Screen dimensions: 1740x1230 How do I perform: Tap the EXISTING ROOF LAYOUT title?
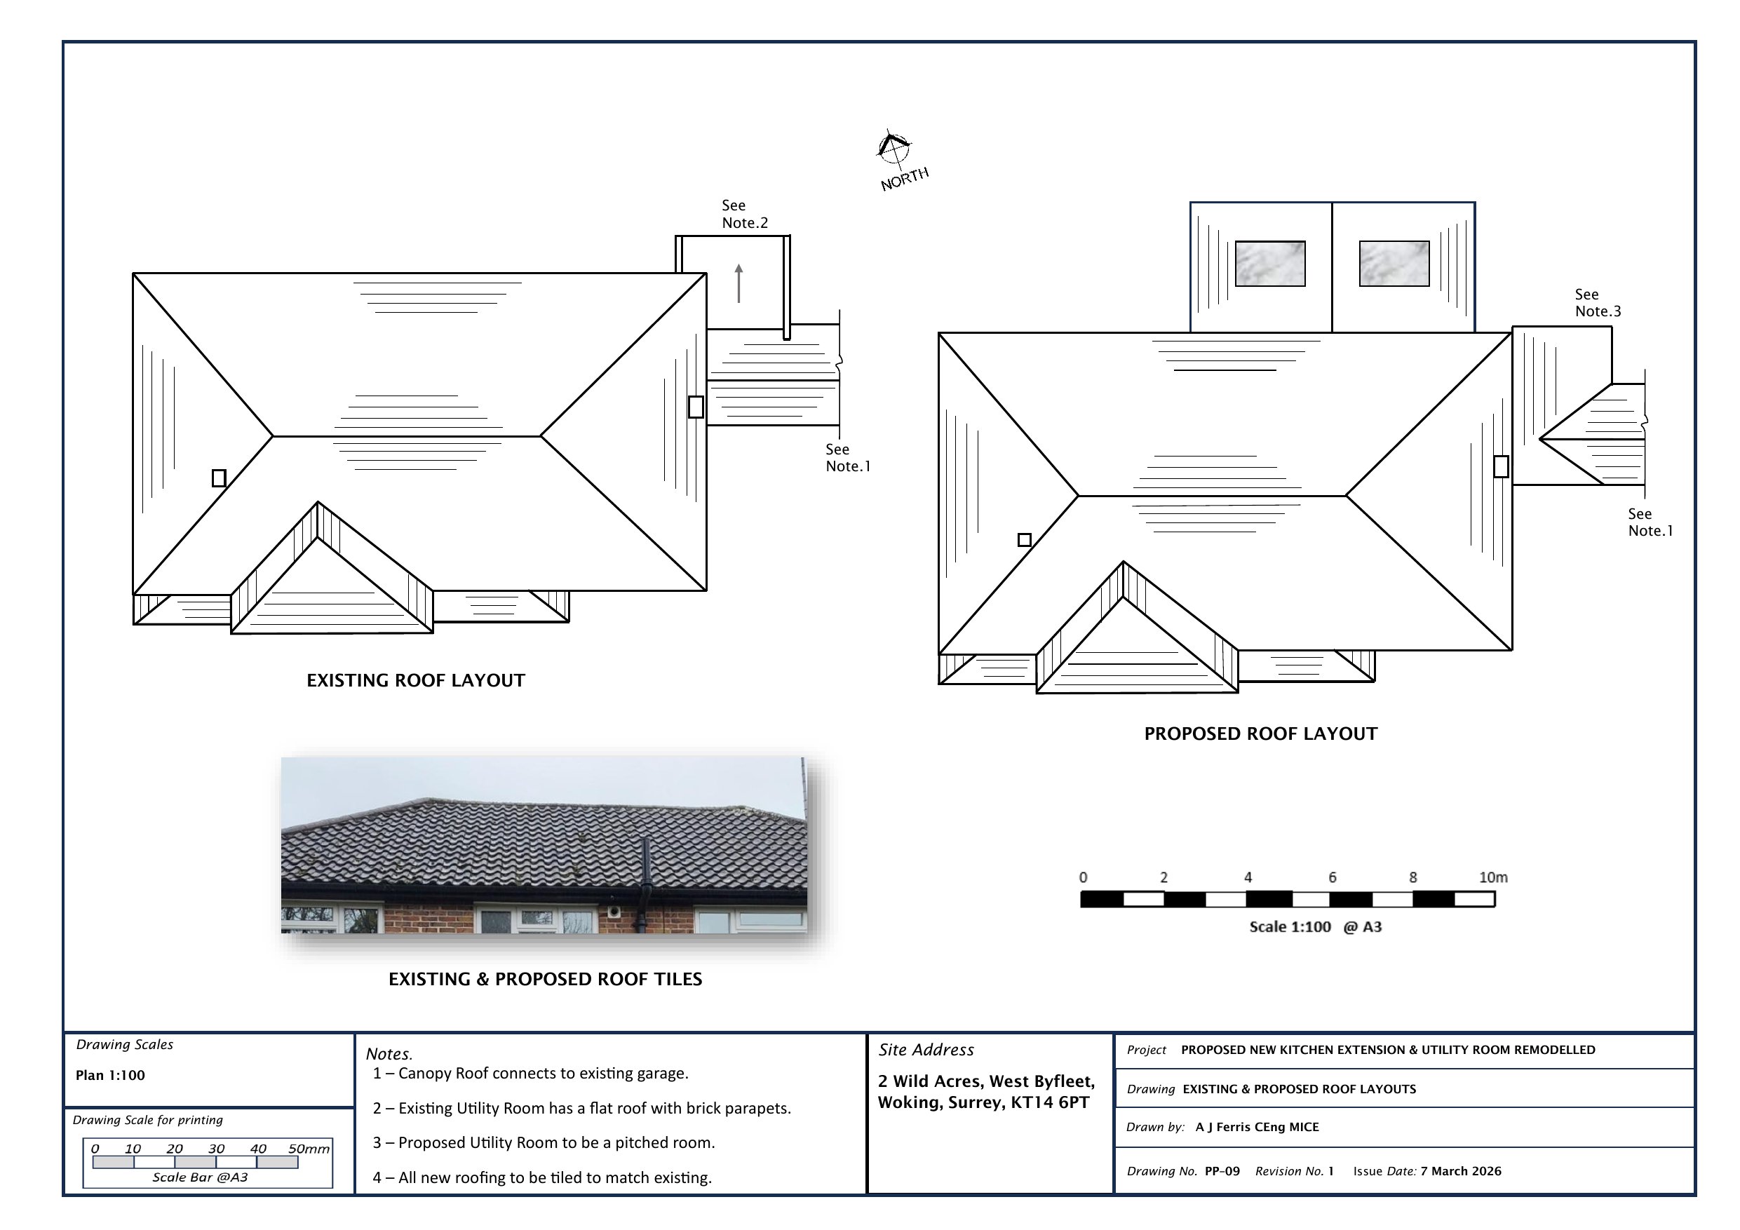415,680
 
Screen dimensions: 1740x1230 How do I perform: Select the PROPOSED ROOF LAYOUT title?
1261,734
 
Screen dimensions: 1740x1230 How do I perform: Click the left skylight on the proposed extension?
1270,264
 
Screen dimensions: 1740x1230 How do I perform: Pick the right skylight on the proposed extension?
1394,264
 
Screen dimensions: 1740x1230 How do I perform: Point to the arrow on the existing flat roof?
739,283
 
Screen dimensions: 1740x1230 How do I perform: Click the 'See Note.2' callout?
745,214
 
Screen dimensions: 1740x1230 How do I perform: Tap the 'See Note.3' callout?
1598,302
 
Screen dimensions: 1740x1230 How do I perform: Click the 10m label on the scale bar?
1493,877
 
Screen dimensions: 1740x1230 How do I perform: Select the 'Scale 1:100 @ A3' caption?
1316,927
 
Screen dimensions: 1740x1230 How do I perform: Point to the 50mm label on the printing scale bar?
309,1149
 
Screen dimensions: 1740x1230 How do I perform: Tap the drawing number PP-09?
1222,1171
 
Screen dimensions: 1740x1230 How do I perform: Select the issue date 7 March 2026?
1461,1171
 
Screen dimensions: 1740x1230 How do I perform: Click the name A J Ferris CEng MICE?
1257,1127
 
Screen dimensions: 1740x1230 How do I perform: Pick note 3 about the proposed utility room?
544,1143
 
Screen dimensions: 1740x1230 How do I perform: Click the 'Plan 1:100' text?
110,1076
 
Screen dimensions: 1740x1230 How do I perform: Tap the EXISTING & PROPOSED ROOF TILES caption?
546,979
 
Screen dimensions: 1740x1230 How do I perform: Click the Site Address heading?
926,1050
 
